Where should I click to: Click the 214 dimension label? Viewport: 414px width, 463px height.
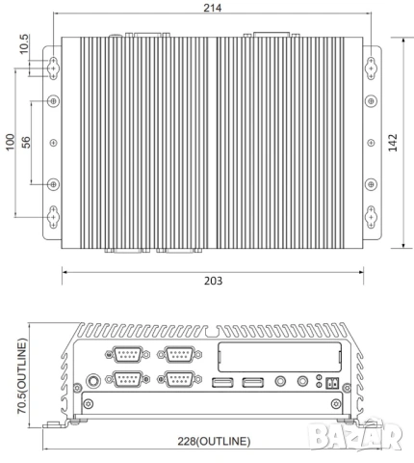(213, 8)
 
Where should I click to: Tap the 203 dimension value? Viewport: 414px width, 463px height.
(213, 281)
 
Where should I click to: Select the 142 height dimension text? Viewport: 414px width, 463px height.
(393, 143)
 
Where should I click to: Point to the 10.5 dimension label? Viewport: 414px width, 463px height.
(24, 44)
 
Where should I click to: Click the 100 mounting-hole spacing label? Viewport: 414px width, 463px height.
(11, 142)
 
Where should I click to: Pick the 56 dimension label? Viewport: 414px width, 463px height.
(26, 142)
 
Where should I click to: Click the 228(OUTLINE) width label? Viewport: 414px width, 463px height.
(214, 441)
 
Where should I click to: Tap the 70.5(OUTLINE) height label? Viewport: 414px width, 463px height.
(22, 376)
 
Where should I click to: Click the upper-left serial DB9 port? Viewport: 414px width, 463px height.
(128, 354)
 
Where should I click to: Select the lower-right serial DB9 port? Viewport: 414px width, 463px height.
(179, 379)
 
